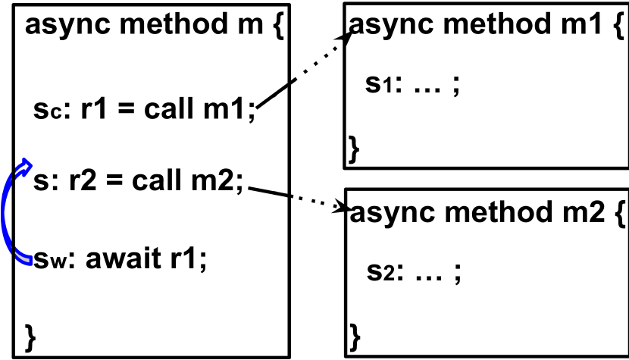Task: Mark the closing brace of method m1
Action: click(x=353, y=146)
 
